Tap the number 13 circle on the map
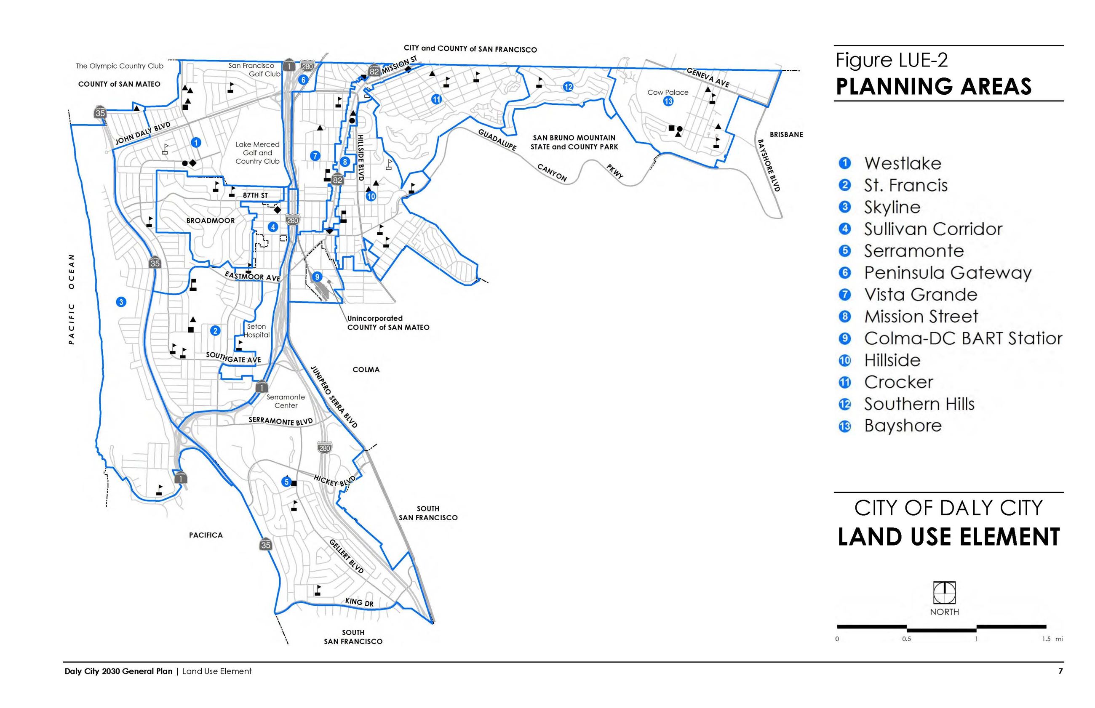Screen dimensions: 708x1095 pyautogui.click(x=668, y=101)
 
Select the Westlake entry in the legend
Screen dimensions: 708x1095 pyautogui.click(x=902, y=163)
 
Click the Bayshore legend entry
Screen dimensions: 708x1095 pyautogui.click(x=902, y=425)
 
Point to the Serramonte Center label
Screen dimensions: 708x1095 pyautogui.click(x=286, y=401)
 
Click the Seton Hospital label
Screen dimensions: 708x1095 pyautogui.click(x=256, y=330)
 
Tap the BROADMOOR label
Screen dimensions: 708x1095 pyautogui.click(x=211, y=221)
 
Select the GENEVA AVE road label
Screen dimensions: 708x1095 pyautogui.click(x=707, y=77)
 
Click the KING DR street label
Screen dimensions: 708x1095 pyautogui.click(x=359, y=602)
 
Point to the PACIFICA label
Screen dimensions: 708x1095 pyautogui.click(x=206, y=535)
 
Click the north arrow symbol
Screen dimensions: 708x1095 pyautogui.click(x=944, y=593)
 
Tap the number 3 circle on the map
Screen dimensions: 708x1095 pyautogui.click(x=121, y=302)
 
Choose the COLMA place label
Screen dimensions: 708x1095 pyautogui.click(x=366, y=370)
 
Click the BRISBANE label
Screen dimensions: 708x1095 pyautogui.click(x=786, y=135)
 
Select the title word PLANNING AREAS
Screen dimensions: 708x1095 pyautogui.click(x=933, y=86)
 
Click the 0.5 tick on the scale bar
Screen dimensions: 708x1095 pyautogui.click(x=906, y=639)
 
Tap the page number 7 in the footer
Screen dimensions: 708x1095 pyautogui.click(x=1060, y=671)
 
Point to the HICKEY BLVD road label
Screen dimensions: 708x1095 pyautogui.click(x=334, y=481)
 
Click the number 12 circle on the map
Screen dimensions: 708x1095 pyautogui.click(x=568, y=86)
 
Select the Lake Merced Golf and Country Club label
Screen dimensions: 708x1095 pyautogui.click(x=258, y=153)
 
